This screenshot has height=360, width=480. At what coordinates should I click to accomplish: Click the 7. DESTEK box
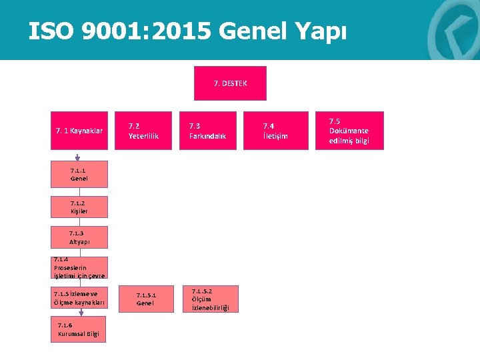click(x=230, y=83)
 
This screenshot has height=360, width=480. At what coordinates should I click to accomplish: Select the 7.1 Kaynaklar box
click(x=79, y=131)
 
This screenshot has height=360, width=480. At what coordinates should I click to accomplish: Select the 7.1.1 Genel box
click(x=79, y=175)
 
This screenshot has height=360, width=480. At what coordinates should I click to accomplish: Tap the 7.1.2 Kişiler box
click(x=79, y=207)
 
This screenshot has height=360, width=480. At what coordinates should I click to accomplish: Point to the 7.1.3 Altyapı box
click(x=79, y=237)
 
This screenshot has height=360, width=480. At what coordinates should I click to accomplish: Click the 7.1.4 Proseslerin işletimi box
click(x=79, y=267)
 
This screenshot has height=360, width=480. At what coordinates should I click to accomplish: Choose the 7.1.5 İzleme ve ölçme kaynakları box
click(x=78, y=298)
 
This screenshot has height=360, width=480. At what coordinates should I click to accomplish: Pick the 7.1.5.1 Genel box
click(x=145, y=299)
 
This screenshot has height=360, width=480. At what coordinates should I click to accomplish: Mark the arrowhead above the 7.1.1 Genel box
click(x=79, y=160)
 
